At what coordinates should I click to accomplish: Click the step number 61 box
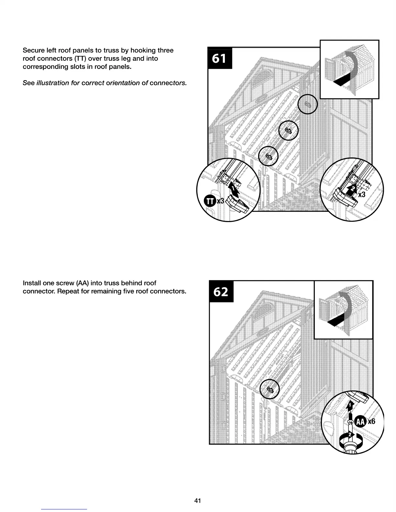219,59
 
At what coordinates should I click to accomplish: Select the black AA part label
360,421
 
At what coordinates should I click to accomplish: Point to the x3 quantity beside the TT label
220,201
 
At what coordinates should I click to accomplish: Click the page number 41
198,501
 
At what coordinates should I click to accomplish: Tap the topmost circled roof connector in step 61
308,104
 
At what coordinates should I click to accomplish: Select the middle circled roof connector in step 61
288,130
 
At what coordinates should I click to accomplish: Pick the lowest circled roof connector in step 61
269,156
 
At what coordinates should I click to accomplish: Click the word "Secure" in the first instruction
33,50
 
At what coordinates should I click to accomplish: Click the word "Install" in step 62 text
32,283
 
